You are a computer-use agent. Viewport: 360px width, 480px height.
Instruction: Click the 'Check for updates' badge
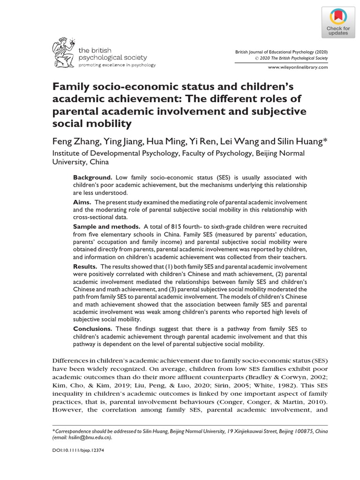[x=338, y=22]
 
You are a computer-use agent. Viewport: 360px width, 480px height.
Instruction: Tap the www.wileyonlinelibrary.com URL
[x=297, y=67]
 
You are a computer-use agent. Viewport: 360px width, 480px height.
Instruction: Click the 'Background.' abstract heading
[x=92, y=178]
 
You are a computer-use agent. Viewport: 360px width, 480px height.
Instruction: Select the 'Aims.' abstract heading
[x=82, y=202]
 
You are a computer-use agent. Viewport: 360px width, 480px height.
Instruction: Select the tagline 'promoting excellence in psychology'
[x=117, y=65]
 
